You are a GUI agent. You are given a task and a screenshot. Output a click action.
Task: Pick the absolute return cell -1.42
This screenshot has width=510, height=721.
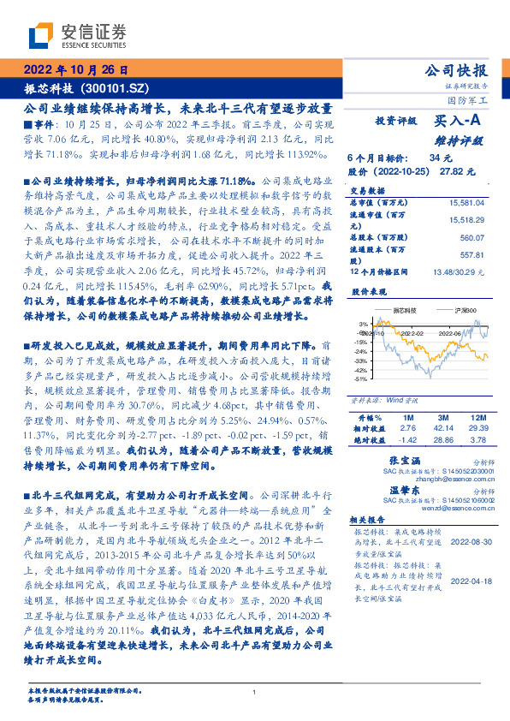[x=407, y=438]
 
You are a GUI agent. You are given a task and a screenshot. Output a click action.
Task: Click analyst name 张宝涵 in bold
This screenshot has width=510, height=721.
[x=390, y=461]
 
